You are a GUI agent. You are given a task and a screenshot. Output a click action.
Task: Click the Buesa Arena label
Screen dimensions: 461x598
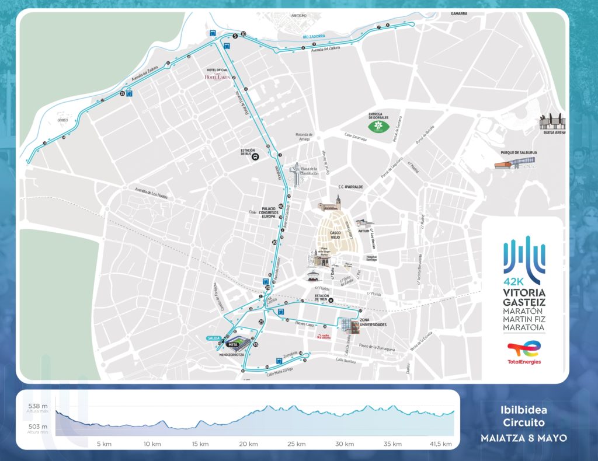(554, 132)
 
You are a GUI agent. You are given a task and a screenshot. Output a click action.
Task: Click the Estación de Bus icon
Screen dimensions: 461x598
(255, 156)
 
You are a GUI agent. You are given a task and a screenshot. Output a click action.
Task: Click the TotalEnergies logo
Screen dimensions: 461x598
(524, 352)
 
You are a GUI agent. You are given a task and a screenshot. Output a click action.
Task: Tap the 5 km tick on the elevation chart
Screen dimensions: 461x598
(104, 444)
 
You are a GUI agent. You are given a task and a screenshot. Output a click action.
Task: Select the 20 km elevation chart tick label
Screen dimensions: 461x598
(249, 444)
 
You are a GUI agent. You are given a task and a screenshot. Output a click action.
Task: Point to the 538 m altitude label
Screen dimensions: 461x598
(37, 406)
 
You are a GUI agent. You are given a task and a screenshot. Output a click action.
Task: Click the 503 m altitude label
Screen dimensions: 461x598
(37, 427)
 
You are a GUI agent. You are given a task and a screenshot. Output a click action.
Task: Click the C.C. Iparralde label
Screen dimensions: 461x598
(350, 187)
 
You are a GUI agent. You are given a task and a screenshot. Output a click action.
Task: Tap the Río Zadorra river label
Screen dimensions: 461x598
(313, 37)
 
